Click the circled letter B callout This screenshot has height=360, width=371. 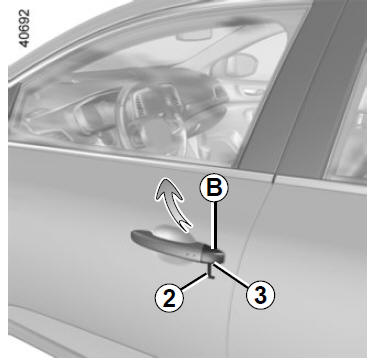[x=214, y=189]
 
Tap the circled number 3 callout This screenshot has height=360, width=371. [x=260, y=295]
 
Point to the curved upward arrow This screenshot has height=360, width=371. [x=173, y=204]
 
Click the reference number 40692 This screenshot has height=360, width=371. [x=24, y=28]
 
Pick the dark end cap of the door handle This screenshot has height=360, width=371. [x=216, y=255]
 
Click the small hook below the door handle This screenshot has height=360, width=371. [x=211, y=270]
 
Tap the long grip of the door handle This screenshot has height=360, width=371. [x=170, y=244]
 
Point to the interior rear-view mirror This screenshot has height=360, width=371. [x=194, y=34]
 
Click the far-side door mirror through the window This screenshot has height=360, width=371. [x=234, y=65]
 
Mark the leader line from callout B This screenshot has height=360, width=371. [x=215, y=226]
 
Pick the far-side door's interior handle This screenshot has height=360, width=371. [x=251, y=90]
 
